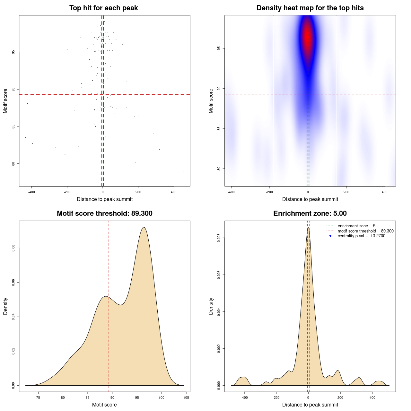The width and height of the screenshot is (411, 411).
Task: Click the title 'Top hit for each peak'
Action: [104, 8]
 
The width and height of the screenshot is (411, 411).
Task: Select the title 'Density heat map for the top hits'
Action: [310, 8]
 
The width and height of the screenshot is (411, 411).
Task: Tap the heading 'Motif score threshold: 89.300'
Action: [104, 214]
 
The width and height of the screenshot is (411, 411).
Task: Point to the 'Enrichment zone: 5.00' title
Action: [310, 214]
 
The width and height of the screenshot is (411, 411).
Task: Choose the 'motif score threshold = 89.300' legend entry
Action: [365, 231]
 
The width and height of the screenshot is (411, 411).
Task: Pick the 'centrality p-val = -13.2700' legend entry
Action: [361, 236]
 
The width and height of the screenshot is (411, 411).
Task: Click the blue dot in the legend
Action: [330, 236]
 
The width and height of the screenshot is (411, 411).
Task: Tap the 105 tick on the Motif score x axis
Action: [186, 398]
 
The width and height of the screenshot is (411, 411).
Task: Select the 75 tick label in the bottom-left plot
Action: [38, 398]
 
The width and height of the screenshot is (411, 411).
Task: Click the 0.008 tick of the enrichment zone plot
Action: [219, 238]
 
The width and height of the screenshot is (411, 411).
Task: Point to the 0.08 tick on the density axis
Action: [13, 248]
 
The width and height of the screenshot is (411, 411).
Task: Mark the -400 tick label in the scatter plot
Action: [31, 192]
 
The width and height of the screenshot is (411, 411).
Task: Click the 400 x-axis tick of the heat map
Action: [384, 192]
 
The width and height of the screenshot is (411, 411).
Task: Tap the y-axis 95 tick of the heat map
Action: [219, 48]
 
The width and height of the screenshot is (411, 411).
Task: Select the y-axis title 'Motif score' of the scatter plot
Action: [5, 101]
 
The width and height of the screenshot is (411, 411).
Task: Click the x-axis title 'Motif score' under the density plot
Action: [104, 405]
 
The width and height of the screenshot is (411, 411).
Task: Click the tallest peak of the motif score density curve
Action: [144, 227]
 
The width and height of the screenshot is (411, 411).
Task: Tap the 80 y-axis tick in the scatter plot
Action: [13, 164]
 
